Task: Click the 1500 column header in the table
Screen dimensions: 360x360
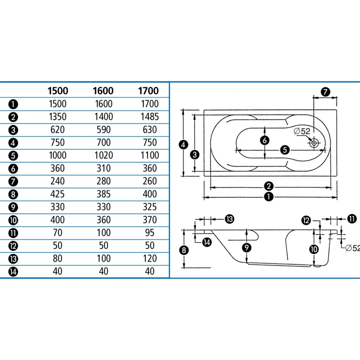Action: click(58, 91)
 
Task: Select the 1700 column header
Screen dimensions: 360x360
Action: click(148, 91)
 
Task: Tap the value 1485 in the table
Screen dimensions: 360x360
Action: click(150, 117)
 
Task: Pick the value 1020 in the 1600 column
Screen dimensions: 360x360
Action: click(104, 155)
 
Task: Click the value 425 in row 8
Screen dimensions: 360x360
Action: click(58, 194)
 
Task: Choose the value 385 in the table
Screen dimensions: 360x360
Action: click(104, 194)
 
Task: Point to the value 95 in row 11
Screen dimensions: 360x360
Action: click(150, 233)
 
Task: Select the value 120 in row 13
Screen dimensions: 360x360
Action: click(150, 259)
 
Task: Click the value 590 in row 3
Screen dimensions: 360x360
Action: click(104, 130)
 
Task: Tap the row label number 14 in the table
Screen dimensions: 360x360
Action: click(13, 272)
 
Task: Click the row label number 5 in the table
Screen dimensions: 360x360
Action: click(13, 156)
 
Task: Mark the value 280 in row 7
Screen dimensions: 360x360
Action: click(104, 181)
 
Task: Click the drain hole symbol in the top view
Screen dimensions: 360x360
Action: click(314, 143)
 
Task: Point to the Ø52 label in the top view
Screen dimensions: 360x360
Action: click(302, 131)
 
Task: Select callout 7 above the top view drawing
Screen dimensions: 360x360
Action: click(325, 92)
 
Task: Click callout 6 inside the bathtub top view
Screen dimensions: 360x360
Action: click(264, 140)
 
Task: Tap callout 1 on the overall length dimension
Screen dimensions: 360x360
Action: click(269, 197)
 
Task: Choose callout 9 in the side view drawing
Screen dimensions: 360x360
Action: click(247, 248)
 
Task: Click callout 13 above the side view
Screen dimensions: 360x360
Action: click(229, 219)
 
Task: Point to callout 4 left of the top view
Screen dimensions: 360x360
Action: click(183, 145)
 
